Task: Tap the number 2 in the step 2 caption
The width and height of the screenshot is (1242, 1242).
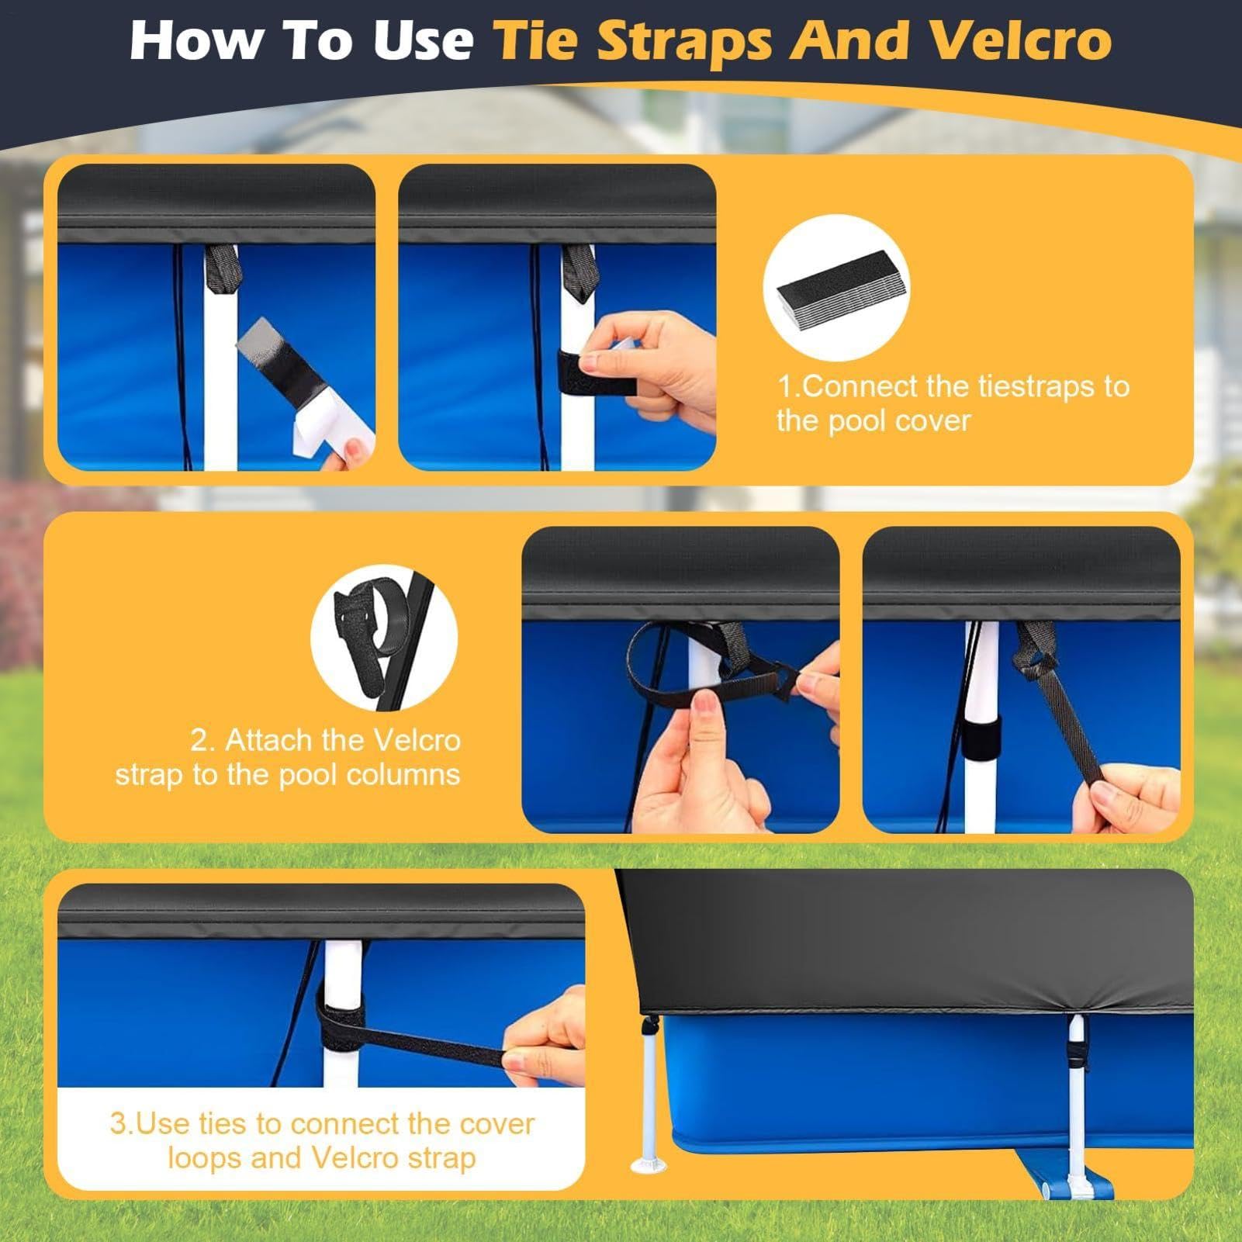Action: pyautogui.click(x=200, y=740)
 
